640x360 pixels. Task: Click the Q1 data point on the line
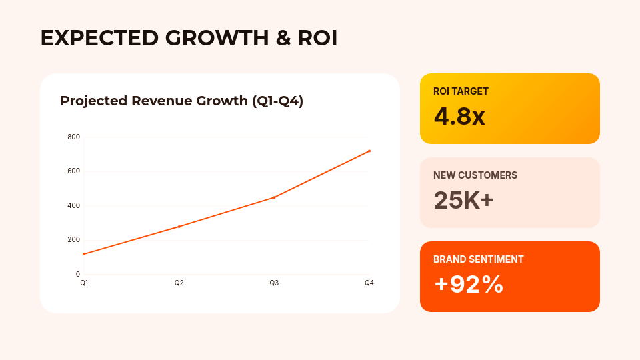pyautogui.click(x=84, y=254)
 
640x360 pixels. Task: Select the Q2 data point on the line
pyautogui.click(x=179, y=227)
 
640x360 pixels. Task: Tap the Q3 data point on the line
pyautogui.click(x=274, y=197)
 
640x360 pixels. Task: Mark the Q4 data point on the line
pyautogui.click(x=369, y=151)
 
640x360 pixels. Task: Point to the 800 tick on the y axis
pyautogui.click(x=74, y=137)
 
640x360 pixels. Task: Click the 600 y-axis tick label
pyautogui.click(x=74, y=171)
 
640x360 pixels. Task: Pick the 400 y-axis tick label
pyautogui.click(x=74, y=205)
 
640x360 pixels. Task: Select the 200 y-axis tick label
pyautogui.click(x=74, y=239)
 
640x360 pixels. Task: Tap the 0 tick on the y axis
pyautogui.click(x=78, y=274)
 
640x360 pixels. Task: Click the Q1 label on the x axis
pyautogui.click(x=84, y=283)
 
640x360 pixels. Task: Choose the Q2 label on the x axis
pyautogui.click(x=179, y=283)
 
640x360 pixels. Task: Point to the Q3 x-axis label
pyautogui.click(x=274, y=283)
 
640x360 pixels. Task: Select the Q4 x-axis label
pyautogui.click(x=369, y=283)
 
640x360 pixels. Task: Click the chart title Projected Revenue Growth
pyautogui.click(x=154, y=101)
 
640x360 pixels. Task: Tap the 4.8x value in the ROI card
pyautogui.click(x=459, y=116)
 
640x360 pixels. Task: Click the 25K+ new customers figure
pyautogui.click(x=464, y=201)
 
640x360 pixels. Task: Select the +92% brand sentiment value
pyautogui.click(x=469, y=284)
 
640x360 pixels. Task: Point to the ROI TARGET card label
pyautogui.click(x=461, y=91)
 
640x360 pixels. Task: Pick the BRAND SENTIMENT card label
pyautogui.click(x=479, y=259)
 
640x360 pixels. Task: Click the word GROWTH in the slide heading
pyautogui.click(x=217, y=38)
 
